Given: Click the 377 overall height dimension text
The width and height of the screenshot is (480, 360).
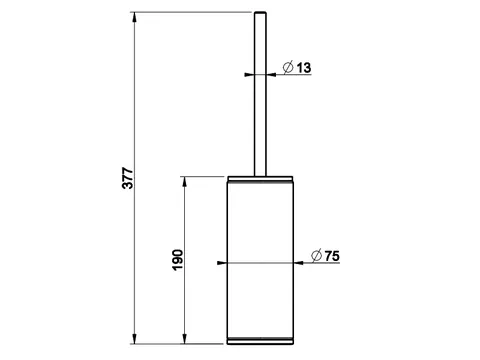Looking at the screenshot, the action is click(127, 178).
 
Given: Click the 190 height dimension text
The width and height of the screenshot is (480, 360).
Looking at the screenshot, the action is click(178, 260).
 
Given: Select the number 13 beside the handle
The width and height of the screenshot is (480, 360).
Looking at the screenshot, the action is click(304, 68).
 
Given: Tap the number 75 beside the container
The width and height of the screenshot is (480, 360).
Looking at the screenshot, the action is click(332, 256).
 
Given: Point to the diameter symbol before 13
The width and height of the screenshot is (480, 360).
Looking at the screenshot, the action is click(288, 67).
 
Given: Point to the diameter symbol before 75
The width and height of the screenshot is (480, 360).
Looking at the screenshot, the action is click(316, 256).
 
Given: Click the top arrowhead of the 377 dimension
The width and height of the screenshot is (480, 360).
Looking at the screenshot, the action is click(134, 17).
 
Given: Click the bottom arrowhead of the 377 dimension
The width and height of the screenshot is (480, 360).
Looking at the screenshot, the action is click(134, 338).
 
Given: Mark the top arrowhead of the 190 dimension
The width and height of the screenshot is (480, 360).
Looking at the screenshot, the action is click(184, 181).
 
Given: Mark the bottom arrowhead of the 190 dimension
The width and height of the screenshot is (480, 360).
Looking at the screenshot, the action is click(184, 338).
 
